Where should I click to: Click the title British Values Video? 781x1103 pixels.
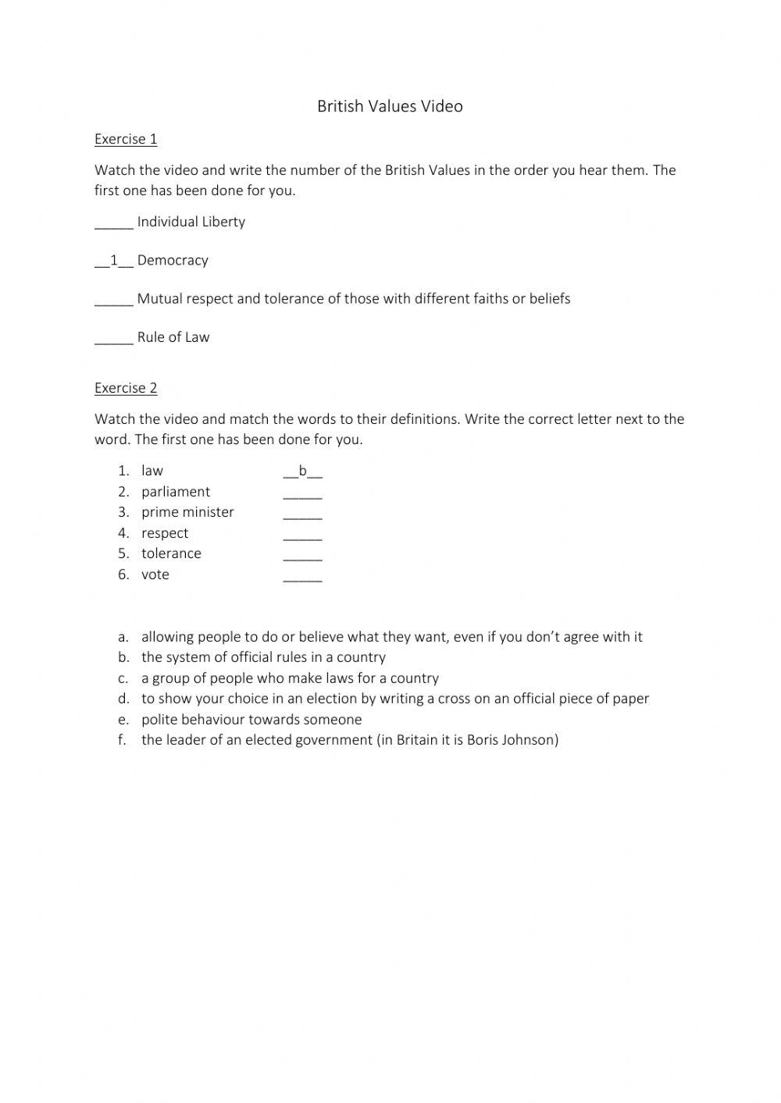pyautogui.click(x=390, y=106)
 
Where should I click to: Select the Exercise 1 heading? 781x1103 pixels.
pyautogui.click(x=126, y=139)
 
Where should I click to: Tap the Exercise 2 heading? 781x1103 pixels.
pyautogui.click(x=126, y=388)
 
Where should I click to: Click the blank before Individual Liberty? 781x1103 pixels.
pyautogui.click(x=114, y=223)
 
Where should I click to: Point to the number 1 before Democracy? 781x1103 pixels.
pyautogui.click(x=114, y=261)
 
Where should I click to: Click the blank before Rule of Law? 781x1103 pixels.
pyautogui.click(x=114, y=339)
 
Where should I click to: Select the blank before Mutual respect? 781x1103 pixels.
pyautogui.click(x=114, y=301)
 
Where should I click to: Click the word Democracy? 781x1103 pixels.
pyautogui.click(x=173, y=261)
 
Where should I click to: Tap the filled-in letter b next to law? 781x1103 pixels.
pyautogui.click(x=303, y=471)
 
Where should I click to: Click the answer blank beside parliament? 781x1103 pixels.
pyautogui.click(x=302, y=493)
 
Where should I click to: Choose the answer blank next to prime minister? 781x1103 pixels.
pyautogui.click(x=302, y=514)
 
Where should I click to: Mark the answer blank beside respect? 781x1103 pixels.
pyautogui.click(x=302, y=535)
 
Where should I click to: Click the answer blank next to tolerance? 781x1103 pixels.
pyautogui.click(x=302, y=555)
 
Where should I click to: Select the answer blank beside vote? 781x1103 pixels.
pyautogui.click(x=302, y=576)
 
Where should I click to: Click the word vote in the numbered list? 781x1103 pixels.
pyautogui.click(x=155, y=575)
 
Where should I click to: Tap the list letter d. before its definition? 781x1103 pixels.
pyautogui.click(x=123, y=699)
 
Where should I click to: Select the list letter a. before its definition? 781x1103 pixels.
pyautogui.click(x=123, y=637)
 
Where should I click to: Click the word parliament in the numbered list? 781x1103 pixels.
pyautogui.click(x=176, y=492)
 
